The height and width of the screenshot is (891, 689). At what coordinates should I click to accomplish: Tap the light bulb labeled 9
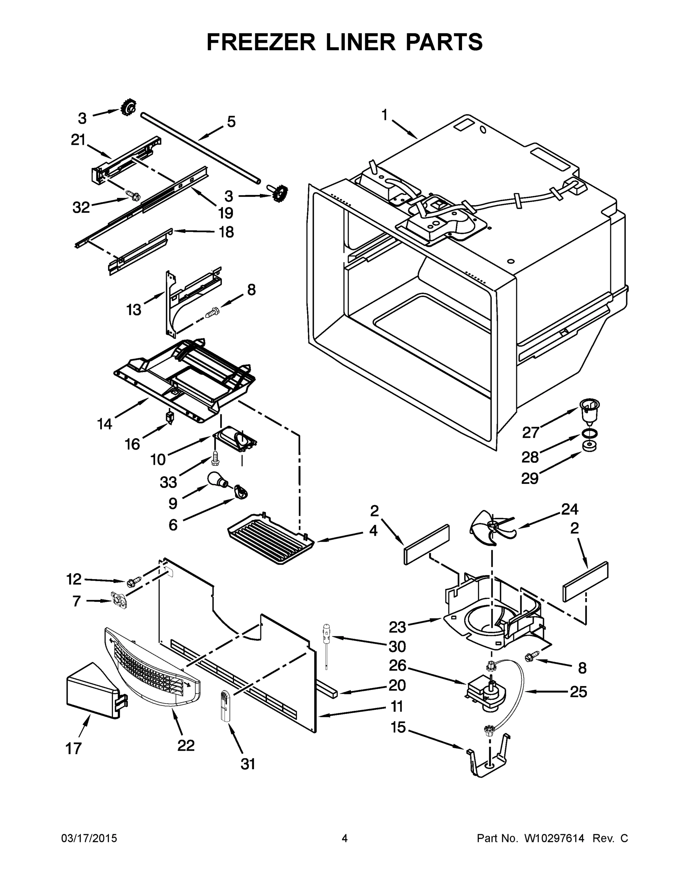[218, 479]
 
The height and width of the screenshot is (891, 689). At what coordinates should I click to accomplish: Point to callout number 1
[384, 115]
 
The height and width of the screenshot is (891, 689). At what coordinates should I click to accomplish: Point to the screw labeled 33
[215, 458]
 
